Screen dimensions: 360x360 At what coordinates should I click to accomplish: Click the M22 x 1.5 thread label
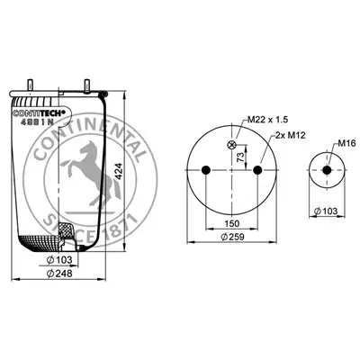(267, 120)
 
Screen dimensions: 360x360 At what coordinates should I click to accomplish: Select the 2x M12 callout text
(291, 135)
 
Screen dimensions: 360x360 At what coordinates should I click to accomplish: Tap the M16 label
(346, 144)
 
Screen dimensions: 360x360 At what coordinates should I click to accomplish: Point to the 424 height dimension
(119, 171)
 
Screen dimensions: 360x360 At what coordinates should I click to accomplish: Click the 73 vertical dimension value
(240, 157)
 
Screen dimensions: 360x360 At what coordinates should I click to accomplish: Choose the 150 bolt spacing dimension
(232, 223)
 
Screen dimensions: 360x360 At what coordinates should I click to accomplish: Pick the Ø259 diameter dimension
(232, 237)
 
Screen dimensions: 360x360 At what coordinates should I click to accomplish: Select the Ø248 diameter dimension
(59, 274)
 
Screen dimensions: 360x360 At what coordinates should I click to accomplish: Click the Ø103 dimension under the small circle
(326, 211)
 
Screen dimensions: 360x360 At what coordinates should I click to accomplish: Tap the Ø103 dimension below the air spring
(60, 260)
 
